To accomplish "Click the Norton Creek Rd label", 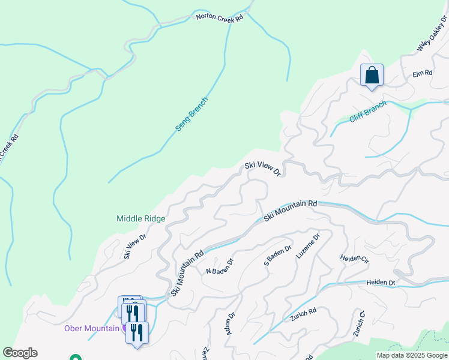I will [x=220, y=18].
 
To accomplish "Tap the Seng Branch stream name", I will [x=191, y=114].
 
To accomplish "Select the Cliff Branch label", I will [x=367, y=112].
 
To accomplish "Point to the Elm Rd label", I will [x=422, y=73].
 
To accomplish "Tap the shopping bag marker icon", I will [x=372, y=76].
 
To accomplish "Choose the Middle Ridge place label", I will [x=140, y=219].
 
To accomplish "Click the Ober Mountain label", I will [x=92, y=328].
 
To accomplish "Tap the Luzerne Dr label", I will [x=308, y=246].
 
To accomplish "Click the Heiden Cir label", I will [x=355, y=259].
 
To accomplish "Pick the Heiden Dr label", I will [x=380, y=282].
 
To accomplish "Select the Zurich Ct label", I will [x=359, y=323].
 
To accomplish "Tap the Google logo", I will [x=20, y=353].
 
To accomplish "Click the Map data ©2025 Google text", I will [x=412, y=355].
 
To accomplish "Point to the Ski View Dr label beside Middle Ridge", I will [x=135, y=247].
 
